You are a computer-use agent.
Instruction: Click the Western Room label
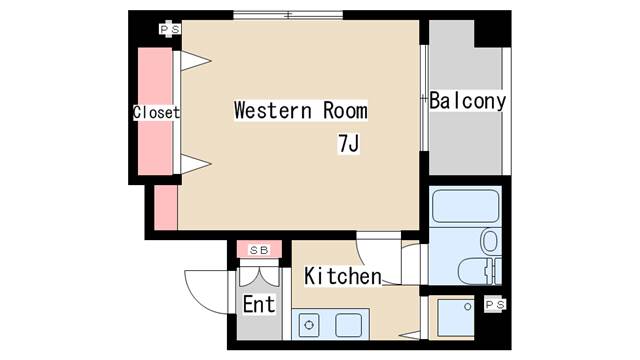(301, 110)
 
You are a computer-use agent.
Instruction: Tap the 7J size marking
(349, 144)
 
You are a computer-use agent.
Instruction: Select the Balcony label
(468, 100)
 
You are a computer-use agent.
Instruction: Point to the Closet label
(156, 113)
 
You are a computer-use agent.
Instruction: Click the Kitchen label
(343, 276)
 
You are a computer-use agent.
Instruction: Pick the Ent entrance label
(259, 304)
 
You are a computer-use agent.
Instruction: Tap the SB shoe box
(259, 249)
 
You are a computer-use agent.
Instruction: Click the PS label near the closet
(170, 29)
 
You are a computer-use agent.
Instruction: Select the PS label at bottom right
(495, 304)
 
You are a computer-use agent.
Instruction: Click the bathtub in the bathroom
(465, 206)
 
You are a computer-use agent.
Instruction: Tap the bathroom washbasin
(490, 241)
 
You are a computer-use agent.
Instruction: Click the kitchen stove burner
(309, 325)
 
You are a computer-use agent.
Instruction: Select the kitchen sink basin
(349, 325)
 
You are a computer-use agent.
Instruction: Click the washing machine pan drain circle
(468, 307)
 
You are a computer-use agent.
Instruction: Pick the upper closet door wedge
(195, 61)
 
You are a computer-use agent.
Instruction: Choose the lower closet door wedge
(195, 164)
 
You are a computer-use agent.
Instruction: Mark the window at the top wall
(288, 15)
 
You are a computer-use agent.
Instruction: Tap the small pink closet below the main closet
(166, 207)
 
